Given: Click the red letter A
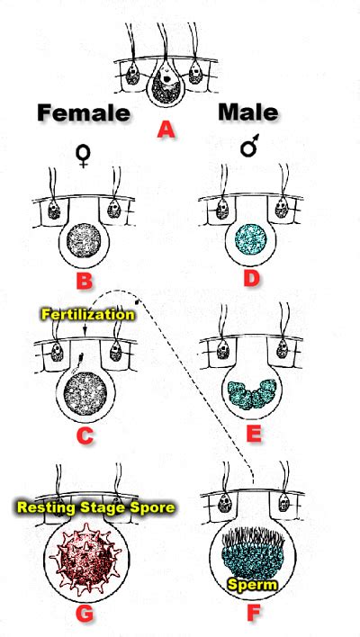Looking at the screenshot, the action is tap(166, 130).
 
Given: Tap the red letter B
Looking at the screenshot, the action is tap(84, 281).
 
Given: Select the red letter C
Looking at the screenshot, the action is tap(85, 435).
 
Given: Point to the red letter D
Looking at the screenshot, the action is tap(251, 281).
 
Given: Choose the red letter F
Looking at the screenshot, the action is tap(253, 613).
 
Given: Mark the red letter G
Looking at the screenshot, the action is tap(84, 613).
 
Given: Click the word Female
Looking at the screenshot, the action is tap(84, 112).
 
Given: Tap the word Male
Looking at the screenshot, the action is tap(248, 112).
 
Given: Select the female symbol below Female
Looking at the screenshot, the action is tap(83, 157).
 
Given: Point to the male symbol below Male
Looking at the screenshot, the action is tap(249, 148).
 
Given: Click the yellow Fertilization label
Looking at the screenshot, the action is tap(87, 315).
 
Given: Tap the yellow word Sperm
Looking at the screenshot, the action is tap(252, 584).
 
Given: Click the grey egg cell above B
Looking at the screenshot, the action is tap(84, 240).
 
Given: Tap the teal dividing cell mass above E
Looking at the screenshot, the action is tap(252, 394).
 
